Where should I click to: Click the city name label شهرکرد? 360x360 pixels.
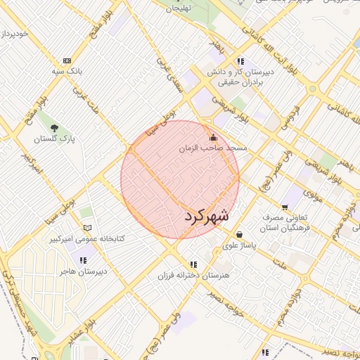point(207,216)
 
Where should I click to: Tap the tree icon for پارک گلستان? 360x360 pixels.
point(53,127)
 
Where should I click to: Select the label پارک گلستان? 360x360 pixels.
point(57,139)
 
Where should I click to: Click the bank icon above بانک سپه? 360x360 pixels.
point(67,60)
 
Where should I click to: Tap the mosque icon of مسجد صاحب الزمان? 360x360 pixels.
point(214,138)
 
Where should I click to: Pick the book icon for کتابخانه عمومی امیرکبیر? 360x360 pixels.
point(87,228)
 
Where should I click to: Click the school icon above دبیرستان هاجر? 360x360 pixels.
point(85,260)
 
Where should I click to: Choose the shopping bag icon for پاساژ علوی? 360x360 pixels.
point(240,234)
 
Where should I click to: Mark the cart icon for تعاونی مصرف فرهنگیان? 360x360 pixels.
point(285,207)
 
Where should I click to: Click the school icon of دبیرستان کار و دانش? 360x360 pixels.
point(240,61)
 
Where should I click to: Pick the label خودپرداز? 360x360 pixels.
point(15,33)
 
